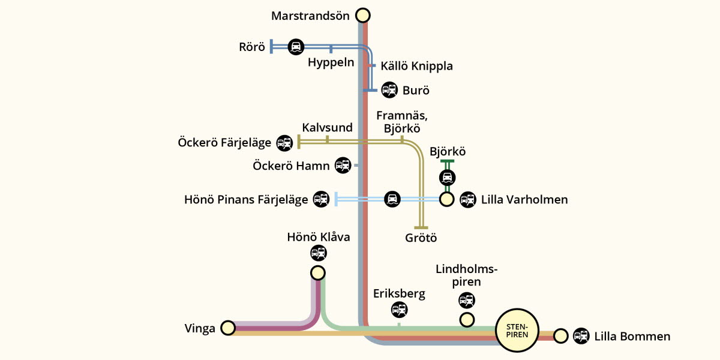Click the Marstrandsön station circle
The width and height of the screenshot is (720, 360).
(x=362, y=15)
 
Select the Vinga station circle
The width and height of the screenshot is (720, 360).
(x=227, y=328)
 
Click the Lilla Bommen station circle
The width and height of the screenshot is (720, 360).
(x=560, y=335)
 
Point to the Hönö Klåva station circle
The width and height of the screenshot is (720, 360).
(x=318, y=273)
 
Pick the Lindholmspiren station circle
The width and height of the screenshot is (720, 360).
(x=467, y=320)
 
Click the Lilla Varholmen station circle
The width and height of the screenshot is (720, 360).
(x=446, y=199)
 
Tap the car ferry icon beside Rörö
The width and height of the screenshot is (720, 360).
(x=296, y=46)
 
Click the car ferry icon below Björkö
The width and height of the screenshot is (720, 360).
(x=447, y=178)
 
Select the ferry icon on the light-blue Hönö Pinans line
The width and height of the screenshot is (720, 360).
(x=392, y=199)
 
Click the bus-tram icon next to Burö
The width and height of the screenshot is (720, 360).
(x=389, y=91)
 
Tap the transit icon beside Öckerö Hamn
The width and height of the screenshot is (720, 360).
(x=343, y=165)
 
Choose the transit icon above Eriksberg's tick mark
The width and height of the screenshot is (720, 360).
(x=399, y=310)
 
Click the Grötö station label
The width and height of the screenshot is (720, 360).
(x=421, y=238)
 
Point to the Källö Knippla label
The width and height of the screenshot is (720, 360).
(x=416, y=66)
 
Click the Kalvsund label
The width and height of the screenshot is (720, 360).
(x=327, y=127)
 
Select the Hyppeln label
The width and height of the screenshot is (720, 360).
(x=331, y=62)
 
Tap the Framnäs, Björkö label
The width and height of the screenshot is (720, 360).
(x=401, y=121)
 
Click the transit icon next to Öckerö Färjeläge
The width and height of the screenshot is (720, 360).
(x=284, y=143)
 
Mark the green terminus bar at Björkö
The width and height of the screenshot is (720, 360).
(x=447, y=161)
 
